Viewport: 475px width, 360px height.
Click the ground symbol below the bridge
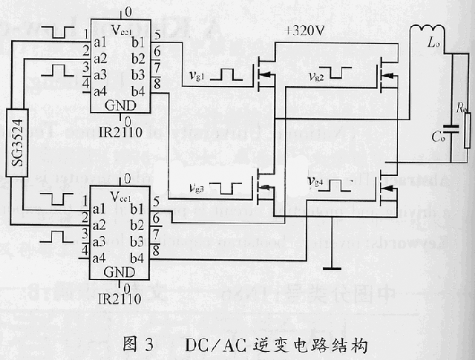326,268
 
